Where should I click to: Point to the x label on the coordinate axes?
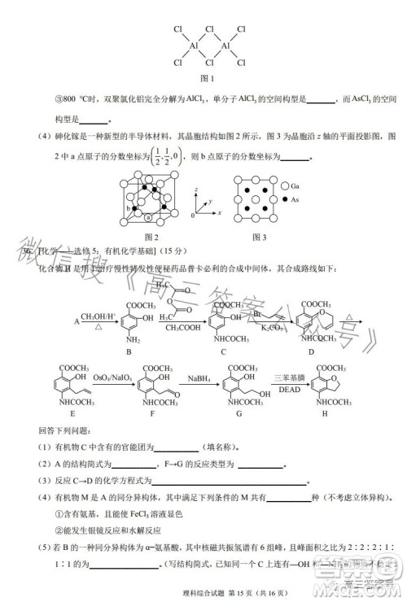pyautogui.click(x=220, y=213)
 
